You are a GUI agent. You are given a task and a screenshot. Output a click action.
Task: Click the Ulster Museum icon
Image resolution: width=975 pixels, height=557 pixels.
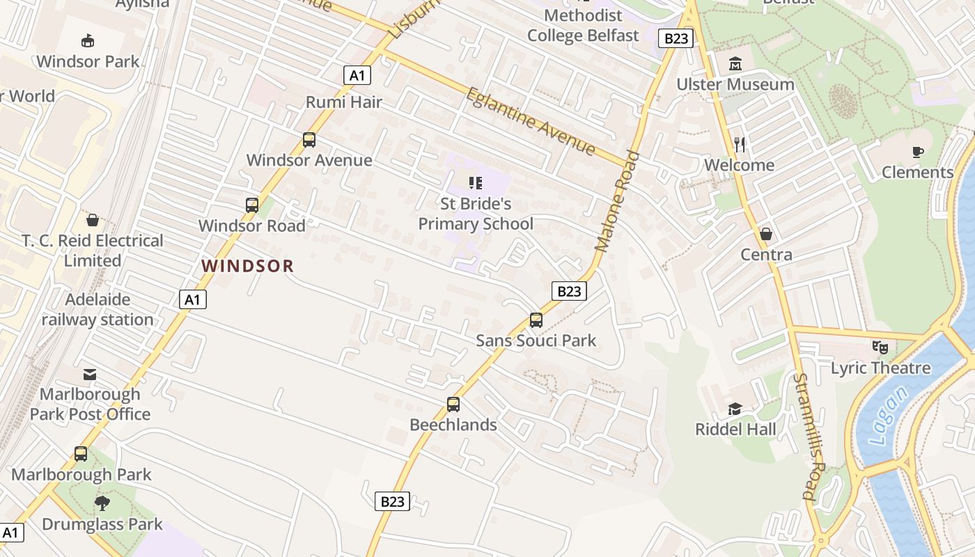point(735,65)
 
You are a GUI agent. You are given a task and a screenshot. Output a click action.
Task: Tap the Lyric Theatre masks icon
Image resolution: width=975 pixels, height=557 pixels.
point(880,347)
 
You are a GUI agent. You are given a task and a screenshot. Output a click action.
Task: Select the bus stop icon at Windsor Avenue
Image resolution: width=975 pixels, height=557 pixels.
point(309,140)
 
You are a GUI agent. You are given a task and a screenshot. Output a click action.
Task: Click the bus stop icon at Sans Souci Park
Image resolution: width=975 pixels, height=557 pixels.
point(536,320)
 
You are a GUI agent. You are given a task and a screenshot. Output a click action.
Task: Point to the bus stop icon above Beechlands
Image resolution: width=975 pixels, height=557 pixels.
point(453,405)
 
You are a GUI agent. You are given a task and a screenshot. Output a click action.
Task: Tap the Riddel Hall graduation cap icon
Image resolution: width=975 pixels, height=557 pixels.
point(735,409)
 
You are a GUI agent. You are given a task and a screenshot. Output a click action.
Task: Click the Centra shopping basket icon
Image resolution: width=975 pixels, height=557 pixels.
point(766,234)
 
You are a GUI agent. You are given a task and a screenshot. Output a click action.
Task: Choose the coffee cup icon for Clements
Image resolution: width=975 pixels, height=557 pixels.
point(917,152)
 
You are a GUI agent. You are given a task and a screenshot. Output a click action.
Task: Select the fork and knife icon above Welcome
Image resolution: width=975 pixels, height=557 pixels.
point(740,145)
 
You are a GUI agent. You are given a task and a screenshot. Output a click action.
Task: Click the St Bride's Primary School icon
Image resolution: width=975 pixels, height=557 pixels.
point(476,183)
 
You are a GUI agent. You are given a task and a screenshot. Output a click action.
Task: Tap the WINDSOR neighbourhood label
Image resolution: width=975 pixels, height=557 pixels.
point(248,266)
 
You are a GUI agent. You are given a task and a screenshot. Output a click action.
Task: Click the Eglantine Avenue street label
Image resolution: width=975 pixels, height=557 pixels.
point(531,121)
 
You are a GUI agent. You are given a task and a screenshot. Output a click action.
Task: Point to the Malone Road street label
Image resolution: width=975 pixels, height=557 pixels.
point(617,201)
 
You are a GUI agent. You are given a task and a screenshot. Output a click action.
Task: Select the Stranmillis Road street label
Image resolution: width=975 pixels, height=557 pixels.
point(809,437)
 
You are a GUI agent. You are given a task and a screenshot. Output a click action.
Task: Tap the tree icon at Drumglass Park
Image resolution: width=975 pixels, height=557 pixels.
point(102,503)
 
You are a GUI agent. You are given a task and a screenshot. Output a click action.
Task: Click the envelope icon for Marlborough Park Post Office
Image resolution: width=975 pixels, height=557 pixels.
point(90,375)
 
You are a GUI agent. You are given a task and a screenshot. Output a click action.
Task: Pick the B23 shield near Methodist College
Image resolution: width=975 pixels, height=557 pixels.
point(676,38)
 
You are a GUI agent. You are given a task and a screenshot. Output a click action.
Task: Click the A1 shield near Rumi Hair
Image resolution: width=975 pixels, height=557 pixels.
point(357,75)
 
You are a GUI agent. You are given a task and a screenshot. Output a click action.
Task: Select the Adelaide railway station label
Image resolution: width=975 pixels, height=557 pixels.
point(97,310)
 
